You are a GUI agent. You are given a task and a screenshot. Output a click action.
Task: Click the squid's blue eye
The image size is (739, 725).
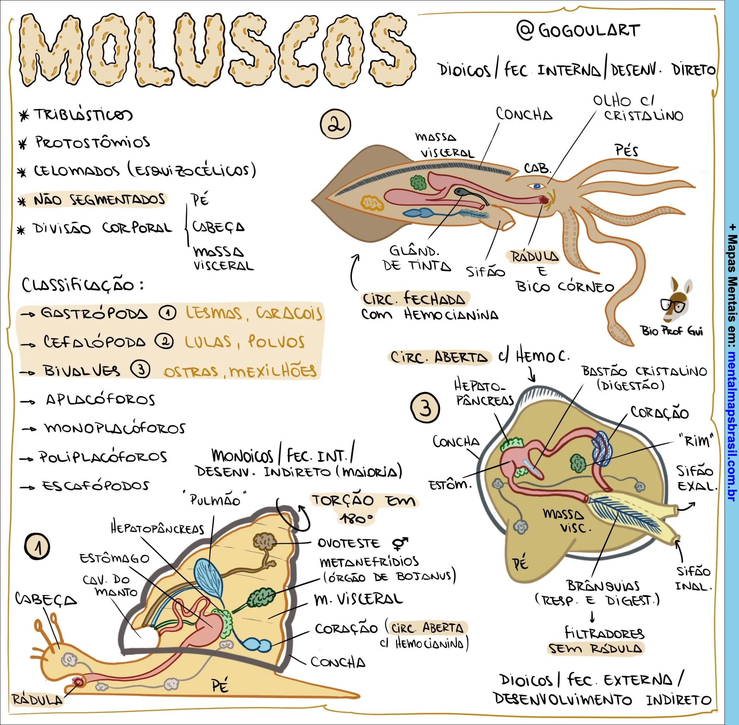(x=537, y=186)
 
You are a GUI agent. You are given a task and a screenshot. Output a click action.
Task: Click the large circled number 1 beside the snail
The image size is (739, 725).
(x=37, y=547)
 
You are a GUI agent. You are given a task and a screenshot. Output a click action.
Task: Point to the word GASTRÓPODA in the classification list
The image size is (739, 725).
(x=94, y=313)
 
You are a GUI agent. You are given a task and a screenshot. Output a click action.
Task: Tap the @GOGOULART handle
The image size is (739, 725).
(x=578, y=30)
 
